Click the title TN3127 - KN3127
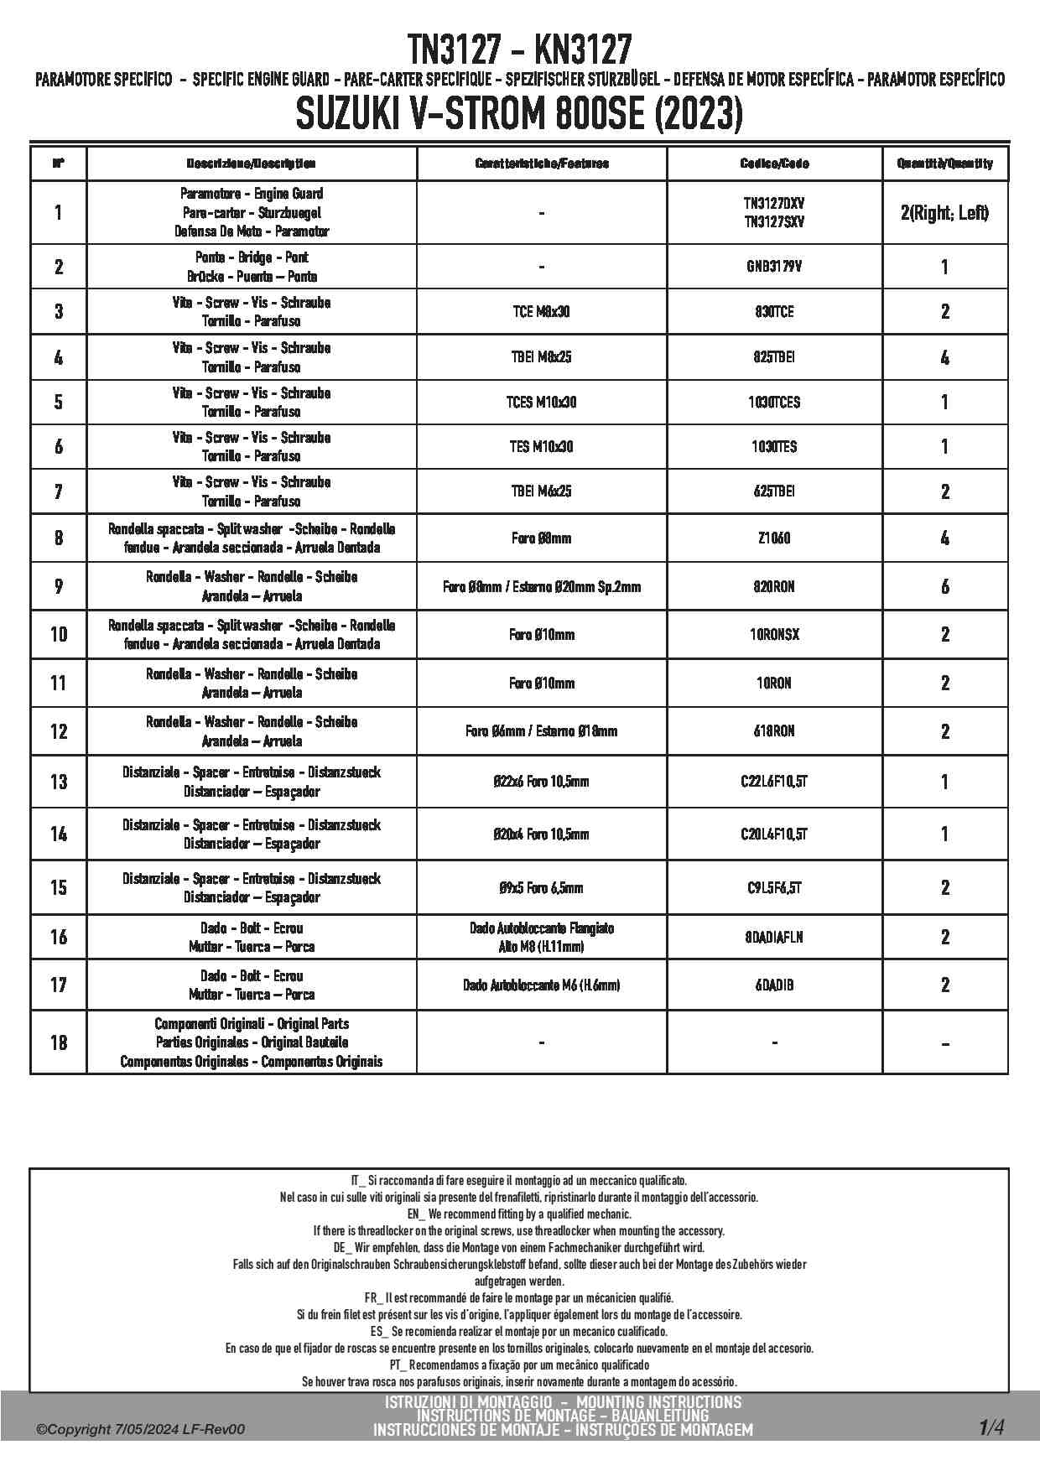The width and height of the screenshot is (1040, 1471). pyautogui.click(x=519, y=50)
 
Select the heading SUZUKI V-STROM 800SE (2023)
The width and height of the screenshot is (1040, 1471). pyautogui.click(x=519, y=115)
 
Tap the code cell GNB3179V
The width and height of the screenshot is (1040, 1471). pyautogui.click(x=774, y=267)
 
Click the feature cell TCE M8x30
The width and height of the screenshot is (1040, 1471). pyautogui.click(x=541, y=312)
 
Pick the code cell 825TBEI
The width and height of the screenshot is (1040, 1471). pyautogui.click(x=774, y=357)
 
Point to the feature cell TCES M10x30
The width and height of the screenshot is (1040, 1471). pyautogui.click(x=541, y=403)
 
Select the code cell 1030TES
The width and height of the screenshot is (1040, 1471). pyautogui.click(x=774, y=447)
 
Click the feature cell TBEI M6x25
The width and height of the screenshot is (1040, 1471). pyautogui.click(x=541, y=491)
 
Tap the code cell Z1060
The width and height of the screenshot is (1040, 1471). pyautogui.click(x=774, y=538)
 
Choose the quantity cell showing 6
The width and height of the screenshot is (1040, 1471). pyautogui.click(x=944, y=587)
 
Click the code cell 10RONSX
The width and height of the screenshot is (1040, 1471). pyautogui.click(x=774, y=635)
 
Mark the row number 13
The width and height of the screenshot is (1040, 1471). pyautogui.click(x=58, y=782)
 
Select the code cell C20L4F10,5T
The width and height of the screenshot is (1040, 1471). pyautogui.click(x=774, y=834)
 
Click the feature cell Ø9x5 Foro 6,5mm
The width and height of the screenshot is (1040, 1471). pyautogui.click(x=541, y=888)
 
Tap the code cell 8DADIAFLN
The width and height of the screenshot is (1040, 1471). pyautogui.click(x=774, y=938)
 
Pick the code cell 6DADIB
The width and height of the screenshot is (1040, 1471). pyautogui.click(x=774, y=985)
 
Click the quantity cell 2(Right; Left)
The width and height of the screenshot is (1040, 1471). pyautogui.click(x=944, y=213)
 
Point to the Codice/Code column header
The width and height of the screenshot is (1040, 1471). pyautogui.click(x=774, y=164)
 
